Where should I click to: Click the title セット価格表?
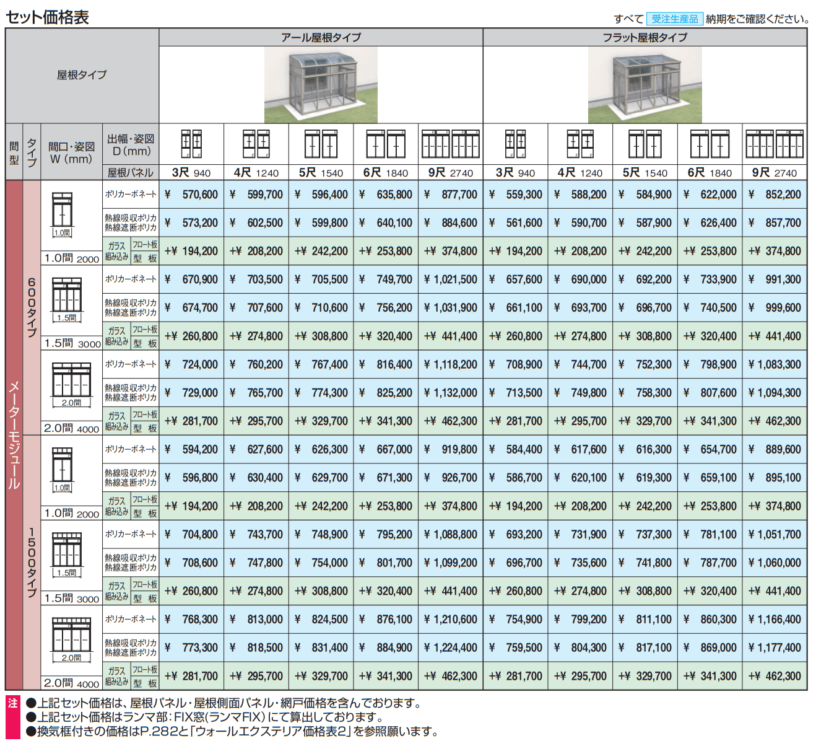48,17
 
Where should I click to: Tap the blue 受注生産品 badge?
674,19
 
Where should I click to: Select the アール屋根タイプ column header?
321,38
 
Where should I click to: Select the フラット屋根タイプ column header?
645,38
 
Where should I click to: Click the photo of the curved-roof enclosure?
321,85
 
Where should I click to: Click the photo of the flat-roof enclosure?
645,85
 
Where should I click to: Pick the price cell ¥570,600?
192,195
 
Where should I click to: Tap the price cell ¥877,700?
451,195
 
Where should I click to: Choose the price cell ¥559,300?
516,195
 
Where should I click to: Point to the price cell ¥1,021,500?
451,279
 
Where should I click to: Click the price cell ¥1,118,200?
451,364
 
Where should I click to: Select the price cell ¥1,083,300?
775,364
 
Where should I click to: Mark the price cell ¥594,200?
192,449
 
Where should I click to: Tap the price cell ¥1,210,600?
451,619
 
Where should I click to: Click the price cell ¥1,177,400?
775,647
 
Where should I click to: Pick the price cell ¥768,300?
192,619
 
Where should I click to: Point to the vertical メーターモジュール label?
14,434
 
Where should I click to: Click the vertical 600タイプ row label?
32,307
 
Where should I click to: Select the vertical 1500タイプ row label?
32,561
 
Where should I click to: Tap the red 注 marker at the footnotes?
13,704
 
